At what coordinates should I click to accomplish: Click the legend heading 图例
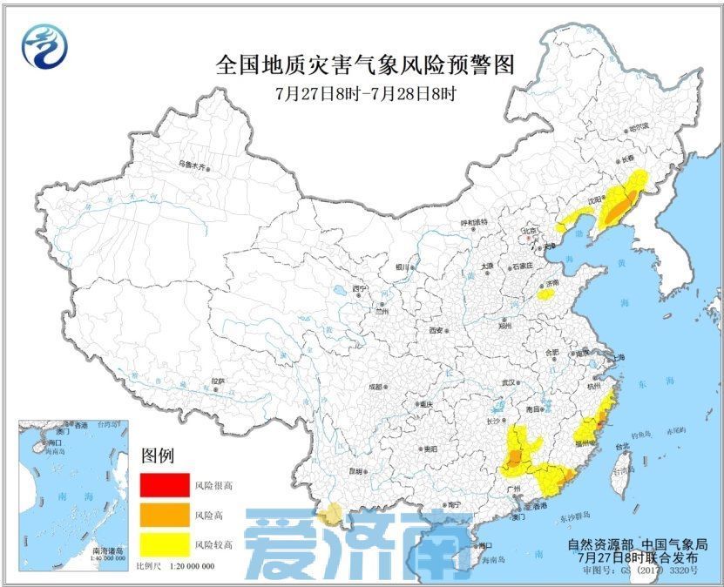(x=158, y=455)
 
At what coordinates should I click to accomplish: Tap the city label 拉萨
(x=218, y=381)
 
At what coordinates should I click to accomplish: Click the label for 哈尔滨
(x=639, y=126)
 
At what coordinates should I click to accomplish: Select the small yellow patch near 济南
(x=546, y=294)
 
